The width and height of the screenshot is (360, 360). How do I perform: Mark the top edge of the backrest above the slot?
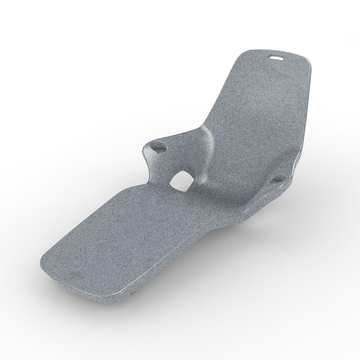pos(278,52)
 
